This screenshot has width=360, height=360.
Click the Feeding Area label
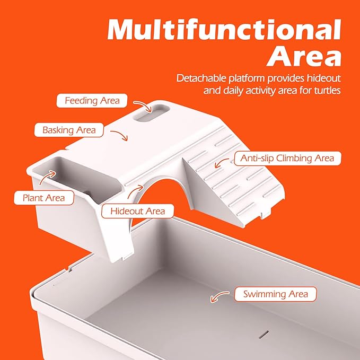92,101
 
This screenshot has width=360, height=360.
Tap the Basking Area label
69,130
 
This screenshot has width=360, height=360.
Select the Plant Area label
44,198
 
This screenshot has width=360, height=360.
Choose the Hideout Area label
137,211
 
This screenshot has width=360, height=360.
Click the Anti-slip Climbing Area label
288,158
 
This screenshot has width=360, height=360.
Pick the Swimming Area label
276,294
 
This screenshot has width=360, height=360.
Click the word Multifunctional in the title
224,30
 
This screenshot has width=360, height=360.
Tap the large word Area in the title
304,56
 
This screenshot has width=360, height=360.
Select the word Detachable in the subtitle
201,78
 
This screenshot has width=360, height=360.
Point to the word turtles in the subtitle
328,90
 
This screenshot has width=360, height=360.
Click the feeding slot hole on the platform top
152,113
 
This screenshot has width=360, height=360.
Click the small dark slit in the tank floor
264,334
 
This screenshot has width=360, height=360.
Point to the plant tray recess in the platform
77,179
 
